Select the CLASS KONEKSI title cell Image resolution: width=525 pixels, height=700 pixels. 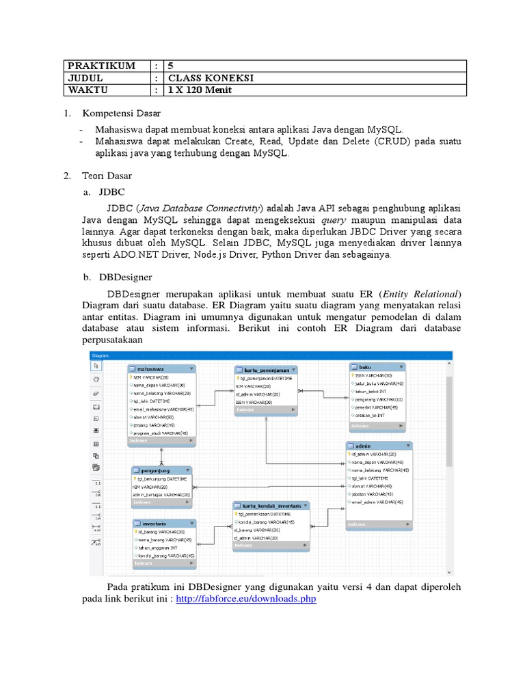pos(206,78)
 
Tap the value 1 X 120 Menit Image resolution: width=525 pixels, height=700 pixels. pos(206,90)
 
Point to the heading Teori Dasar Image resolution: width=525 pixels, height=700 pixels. pos(107,176)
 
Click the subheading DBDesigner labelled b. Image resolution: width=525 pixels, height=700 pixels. pos(126,277)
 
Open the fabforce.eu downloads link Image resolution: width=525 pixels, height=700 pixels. pos(246,599)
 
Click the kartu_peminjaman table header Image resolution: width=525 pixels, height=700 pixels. pos(266,369)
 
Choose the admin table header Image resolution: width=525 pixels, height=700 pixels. pos(379,446)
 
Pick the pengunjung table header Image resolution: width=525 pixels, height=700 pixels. pos(161,471)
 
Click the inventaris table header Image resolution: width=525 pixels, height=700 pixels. pos(163,524)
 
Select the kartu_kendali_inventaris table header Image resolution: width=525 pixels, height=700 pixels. pos(271,506)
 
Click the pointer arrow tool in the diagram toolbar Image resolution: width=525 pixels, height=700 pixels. pos(96,366)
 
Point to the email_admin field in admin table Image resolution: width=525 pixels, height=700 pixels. pos(377,502)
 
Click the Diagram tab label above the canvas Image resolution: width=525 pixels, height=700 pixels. pos(100,355)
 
